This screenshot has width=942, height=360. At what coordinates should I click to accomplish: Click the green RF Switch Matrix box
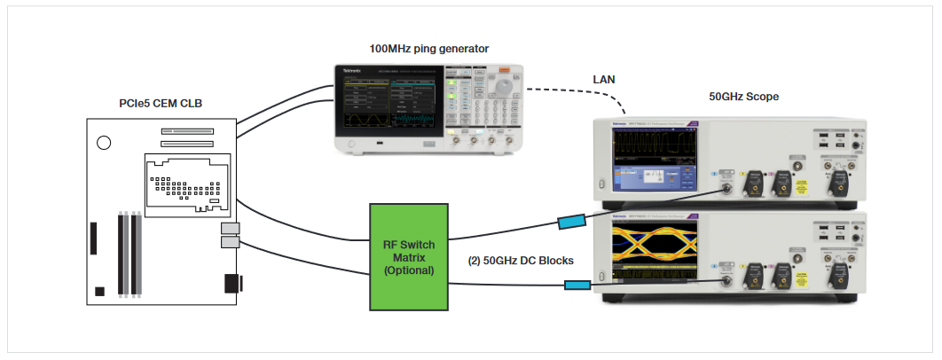[x=409, y=256]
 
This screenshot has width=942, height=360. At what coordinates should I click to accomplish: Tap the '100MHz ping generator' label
[x=428, y=47]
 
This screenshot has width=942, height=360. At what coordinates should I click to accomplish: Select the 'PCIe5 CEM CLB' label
[x=161, y=104]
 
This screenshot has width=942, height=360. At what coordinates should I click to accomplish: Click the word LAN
[x=604, y=80]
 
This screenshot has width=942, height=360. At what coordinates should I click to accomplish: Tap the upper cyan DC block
[x=570, y=222]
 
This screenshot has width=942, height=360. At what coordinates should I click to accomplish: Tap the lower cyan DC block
[x=577, y=285]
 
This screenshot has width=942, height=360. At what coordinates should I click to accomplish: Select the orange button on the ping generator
[x=504, y=70]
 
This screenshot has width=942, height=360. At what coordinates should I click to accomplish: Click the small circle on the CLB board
[x=104, y=141]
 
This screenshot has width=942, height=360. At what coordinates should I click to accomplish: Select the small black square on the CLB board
[x=100, y=291]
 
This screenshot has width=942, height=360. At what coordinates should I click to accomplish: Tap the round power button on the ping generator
[x=351, y=144]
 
